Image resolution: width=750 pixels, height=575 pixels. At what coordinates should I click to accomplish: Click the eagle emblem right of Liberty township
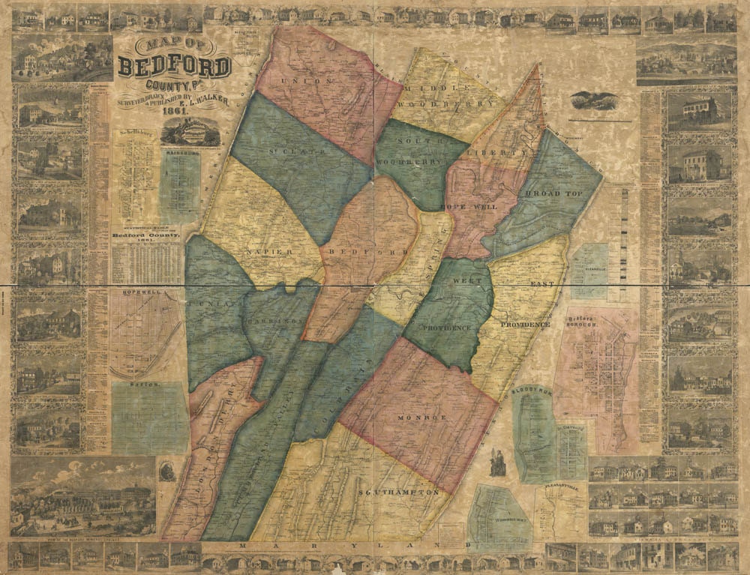pyautogui.click(x=592, y=100)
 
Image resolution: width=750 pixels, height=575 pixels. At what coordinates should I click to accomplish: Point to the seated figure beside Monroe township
pyautogui.click(x=495, y=461)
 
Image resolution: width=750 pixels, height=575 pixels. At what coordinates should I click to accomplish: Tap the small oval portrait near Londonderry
pyautogui.click(x=166, y=471)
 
